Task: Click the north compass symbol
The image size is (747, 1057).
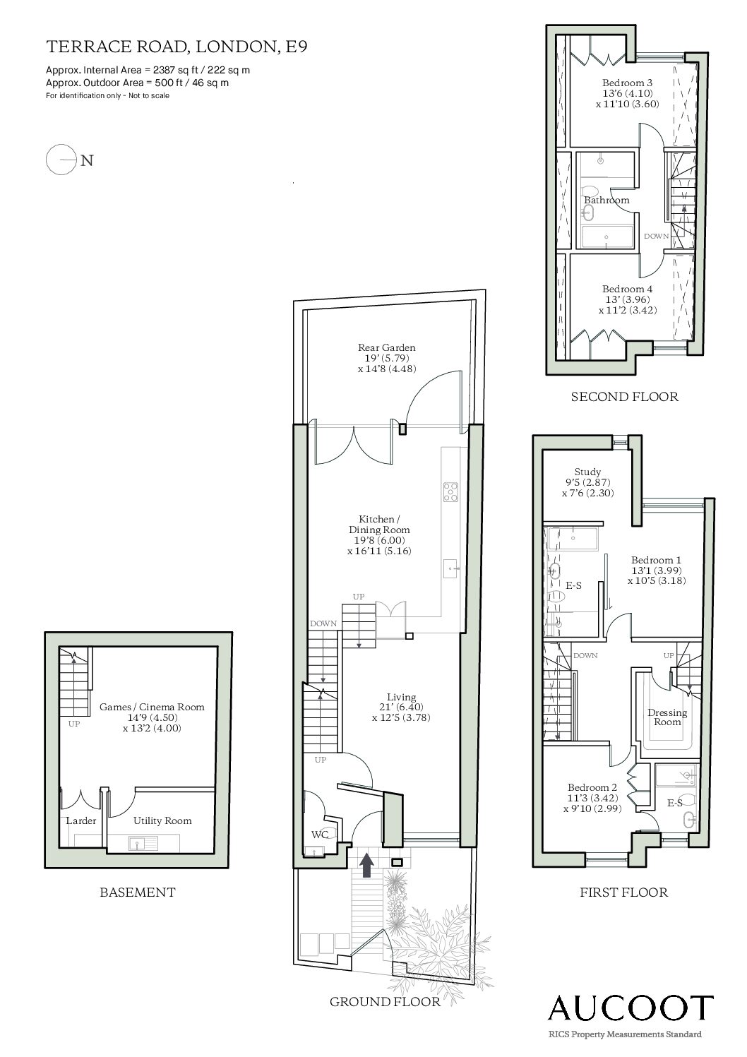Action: coord(69,160)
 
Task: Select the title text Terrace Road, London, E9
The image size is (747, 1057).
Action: coord(177,47)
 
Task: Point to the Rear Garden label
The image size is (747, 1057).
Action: coord(386,347)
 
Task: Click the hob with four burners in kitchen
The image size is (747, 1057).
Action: coord(450,491)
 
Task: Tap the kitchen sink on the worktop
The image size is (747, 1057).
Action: coord(450,568)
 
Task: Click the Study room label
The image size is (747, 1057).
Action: coord(587,472)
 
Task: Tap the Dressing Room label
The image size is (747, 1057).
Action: coord(667,717)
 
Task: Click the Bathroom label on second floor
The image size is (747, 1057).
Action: coord(606,200)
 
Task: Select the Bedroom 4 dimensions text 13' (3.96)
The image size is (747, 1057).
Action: coord(627,299)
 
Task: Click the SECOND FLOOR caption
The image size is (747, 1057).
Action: coord(624,397)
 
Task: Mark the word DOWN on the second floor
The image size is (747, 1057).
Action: coord(657,236)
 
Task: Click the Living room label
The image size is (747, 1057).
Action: coord(401,697)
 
